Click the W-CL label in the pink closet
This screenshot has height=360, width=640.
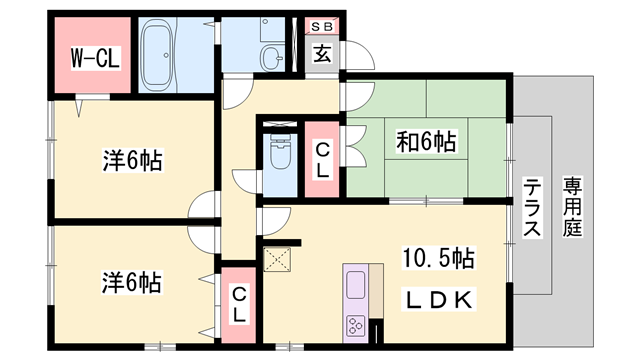pyautogui.click(x=96, y=58)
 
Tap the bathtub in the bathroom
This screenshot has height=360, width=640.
pyautogui.click(x=156, y=55)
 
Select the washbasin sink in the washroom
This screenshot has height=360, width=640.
pyautogui.click(x=271, y=57)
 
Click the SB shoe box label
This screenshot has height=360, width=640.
pyautogui.click(x=322, y=27)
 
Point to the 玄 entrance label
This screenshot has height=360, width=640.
pyautogui.click(x=322, y=53)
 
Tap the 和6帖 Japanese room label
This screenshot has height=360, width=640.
pyautogui.click(x=426, y=142)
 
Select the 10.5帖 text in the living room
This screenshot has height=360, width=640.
pyautogui.click(x=438, y=258)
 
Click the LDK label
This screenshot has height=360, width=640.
pyautogui.click(x=439, y=300)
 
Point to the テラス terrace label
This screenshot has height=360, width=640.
pyautogui.click(x=532, y=208)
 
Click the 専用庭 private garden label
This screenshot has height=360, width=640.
pyautogui.click(x=572, y=207)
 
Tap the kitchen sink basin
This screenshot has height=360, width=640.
pyautogui.click(x=356, y=285)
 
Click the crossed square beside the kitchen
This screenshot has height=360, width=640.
pyautogui.click(x=277, y=259)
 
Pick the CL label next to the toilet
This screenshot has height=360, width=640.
pyautogui.click(x=322, y=160)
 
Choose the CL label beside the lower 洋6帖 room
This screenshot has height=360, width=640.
pyautogui.click(x=238, y=304)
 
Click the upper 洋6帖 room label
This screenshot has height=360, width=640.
pyautogui.click(x=132, y=160)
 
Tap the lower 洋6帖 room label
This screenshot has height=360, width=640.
pyautogui.click(x=131, y=282)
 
